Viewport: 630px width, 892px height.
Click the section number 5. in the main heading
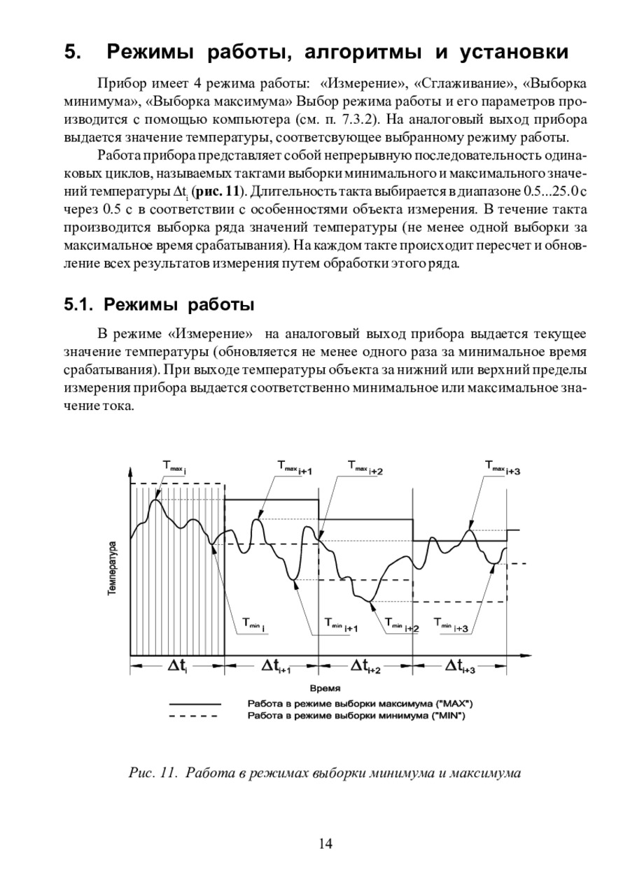point(73,52)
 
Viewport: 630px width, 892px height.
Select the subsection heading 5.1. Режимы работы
point(158,305)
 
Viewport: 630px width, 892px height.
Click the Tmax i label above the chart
point(175,465)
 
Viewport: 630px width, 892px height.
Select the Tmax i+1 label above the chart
point(294,466)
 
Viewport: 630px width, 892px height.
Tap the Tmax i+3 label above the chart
point(503,466)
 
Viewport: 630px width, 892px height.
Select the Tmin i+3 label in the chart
point(451,624)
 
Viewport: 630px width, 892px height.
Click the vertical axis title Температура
point(112,567)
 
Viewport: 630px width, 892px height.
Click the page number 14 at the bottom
point(325,844)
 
